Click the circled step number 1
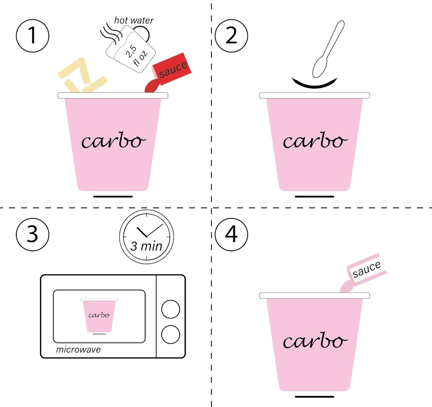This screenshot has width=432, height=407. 33,36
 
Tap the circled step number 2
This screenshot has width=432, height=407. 231,36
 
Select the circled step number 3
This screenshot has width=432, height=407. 33,234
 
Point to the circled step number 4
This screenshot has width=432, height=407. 231,234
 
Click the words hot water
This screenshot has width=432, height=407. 134,20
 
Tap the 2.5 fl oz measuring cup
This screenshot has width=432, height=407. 130,49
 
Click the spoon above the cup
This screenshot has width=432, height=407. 328,50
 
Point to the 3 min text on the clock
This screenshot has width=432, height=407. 146,246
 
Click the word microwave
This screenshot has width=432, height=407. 78,350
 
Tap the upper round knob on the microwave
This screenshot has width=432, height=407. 170,309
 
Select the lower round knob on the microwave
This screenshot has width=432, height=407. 170,334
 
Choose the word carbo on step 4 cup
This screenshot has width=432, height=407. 315,341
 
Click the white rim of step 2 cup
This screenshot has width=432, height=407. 314,96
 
